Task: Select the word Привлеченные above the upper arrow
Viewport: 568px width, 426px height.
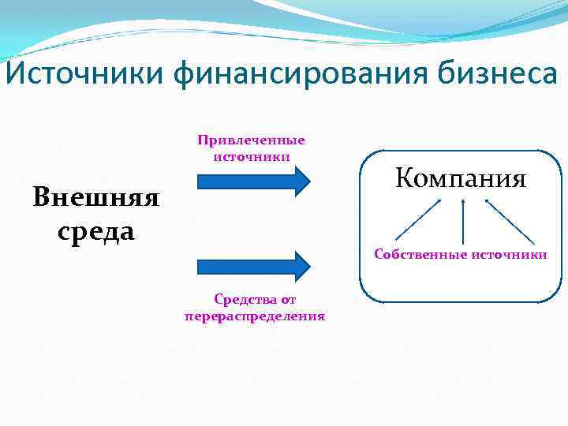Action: click(251, 140)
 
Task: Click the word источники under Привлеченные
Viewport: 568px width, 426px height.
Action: click(251, 156)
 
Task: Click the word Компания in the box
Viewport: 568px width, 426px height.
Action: click(461, 177)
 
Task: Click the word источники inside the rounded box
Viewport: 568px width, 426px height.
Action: click(509, 255)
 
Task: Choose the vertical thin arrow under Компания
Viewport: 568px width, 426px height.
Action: click(463, 221)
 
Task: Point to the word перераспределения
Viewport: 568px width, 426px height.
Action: click(254, 316)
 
